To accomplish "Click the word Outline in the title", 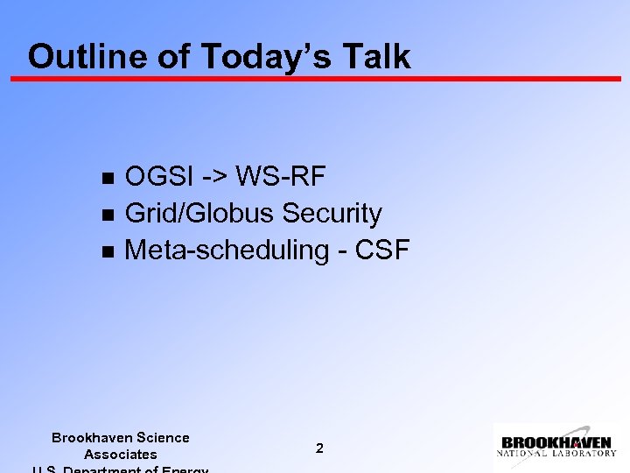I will click(73, 56).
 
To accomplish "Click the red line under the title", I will click(315, 79).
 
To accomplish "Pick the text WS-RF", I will click(281, 177).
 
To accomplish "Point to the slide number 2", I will click(319, 448).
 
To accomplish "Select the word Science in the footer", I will click(163, 437).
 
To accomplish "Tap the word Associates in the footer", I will click(121, 454).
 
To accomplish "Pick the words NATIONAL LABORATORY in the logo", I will click(556, 454).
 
